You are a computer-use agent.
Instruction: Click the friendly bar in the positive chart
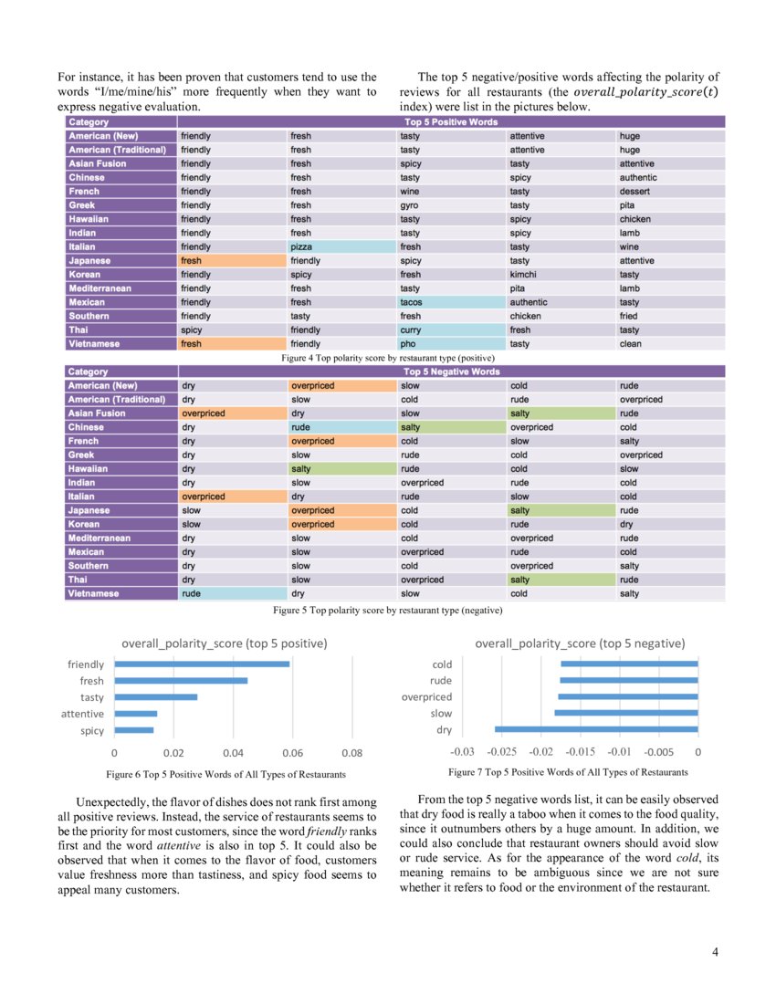click(x=201, y=664)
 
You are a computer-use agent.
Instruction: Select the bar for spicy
click(x=134, y=730)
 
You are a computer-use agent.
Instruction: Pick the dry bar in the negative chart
click(x=596, y=729)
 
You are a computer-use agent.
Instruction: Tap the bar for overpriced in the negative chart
click(x=629, y=696)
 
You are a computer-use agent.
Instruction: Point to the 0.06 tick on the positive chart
click(x=292, y=753)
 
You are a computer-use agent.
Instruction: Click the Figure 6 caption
click(x=225, y=774)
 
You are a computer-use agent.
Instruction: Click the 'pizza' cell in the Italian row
click(x=341, y=247)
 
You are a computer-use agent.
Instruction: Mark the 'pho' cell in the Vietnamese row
click(x=451, y=344)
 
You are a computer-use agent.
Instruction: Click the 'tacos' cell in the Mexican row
click(x=451, y=302)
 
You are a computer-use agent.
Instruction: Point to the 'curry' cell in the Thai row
click(x=451, y=330)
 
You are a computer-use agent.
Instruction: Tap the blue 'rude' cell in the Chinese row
click(x=341, y=427)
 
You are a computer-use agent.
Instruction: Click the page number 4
click(x=714, y=953)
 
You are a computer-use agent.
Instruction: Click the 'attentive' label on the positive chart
click(x=83, y=714)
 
